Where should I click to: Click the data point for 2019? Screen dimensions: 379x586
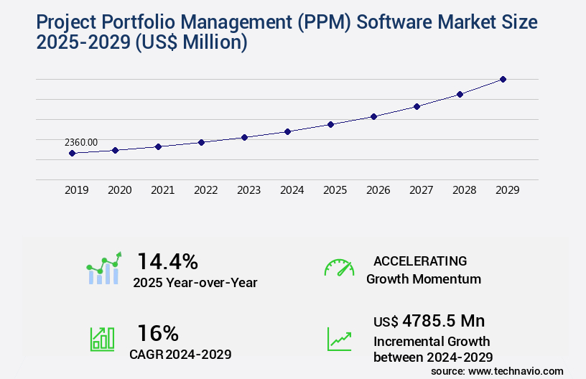[72, 153]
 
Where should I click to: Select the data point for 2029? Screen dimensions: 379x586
[503, 79]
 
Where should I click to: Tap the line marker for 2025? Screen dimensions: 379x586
[330, 124]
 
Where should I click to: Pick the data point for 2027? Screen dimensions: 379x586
[417, 106]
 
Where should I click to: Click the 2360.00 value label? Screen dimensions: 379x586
[81, 142]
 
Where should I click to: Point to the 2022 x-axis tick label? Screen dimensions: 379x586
[205, 190]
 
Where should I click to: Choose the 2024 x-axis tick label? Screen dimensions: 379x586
[292, 190]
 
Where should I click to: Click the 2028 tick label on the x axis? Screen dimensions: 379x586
[464, 190]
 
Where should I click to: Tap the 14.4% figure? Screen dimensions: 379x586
[167, 261]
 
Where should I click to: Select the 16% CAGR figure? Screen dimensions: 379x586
[157, 333]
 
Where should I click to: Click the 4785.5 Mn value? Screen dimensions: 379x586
[443, 320]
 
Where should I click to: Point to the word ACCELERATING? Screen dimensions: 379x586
[420, 261]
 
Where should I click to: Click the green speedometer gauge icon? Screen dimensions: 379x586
[339, 268]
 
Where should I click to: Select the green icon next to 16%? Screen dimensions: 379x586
[102, 339]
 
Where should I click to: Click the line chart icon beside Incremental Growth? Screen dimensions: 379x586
[339, 339]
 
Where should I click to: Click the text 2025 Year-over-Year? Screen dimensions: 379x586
[195, 283]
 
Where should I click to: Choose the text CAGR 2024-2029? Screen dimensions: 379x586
[180, 355]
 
